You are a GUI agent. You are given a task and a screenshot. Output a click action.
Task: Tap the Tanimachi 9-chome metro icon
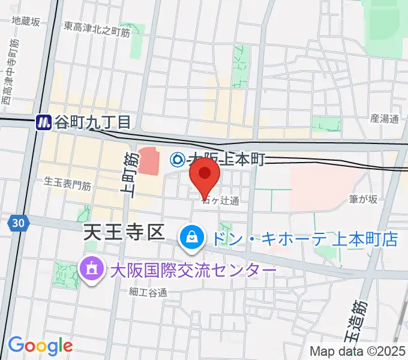click(43, 122)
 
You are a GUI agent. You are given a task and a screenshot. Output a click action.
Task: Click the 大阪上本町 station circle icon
click(178, 159)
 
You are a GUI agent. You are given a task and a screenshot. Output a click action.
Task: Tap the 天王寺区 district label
click(123, 232)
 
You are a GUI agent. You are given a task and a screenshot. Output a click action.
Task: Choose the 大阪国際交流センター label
click(193, 269)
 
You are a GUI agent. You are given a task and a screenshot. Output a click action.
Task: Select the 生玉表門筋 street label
click(67, 185)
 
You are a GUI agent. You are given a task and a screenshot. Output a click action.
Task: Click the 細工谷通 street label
click(147, 292)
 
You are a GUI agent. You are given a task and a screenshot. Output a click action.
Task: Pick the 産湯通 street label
click(384, 119)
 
